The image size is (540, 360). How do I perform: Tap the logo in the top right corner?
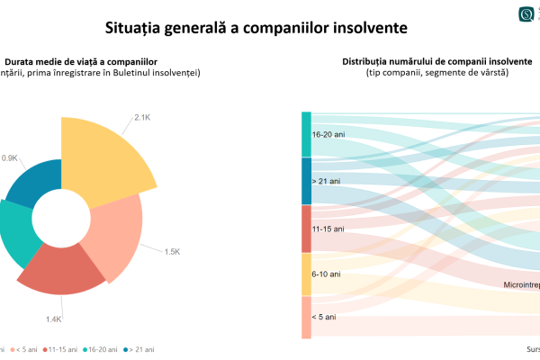(x=527, y=14)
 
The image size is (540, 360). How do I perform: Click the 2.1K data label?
(x=142, y=117)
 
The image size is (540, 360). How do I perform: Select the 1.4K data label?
(x=53, y=319)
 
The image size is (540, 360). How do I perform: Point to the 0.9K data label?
(x=9, y=157)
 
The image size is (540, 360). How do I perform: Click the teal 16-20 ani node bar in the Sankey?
(x=306, y=134)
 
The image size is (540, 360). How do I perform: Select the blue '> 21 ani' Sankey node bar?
(x=306, y=180)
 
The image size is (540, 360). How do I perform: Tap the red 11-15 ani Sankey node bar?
(x=306, y=229)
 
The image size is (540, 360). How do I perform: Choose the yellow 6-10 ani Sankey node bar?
(x=306, y=274)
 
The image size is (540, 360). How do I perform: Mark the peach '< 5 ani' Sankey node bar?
(x=306, y=317)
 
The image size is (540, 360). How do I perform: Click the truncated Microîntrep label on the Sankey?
(x=521, y=285)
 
